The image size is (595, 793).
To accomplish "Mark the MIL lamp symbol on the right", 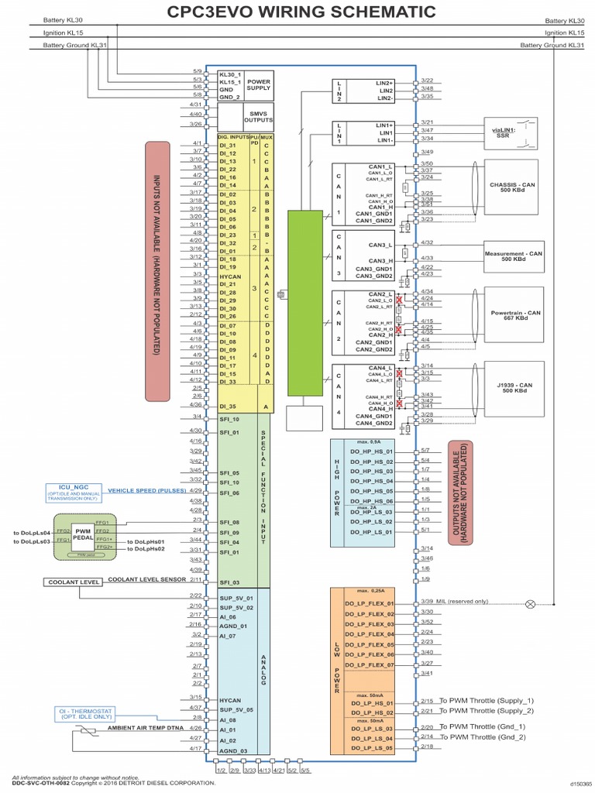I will pyautogui.click(x=531, y=602).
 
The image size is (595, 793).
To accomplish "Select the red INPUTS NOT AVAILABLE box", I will pyautogui.click(x=157, y=270).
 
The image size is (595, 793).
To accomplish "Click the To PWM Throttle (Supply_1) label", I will pyautogui.click(x=487, y=700).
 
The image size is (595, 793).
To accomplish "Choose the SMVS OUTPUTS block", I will pyautogui.click(x=256, y=117).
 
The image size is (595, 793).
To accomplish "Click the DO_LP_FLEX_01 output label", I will pyautogui.click(x=370, y=603).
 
